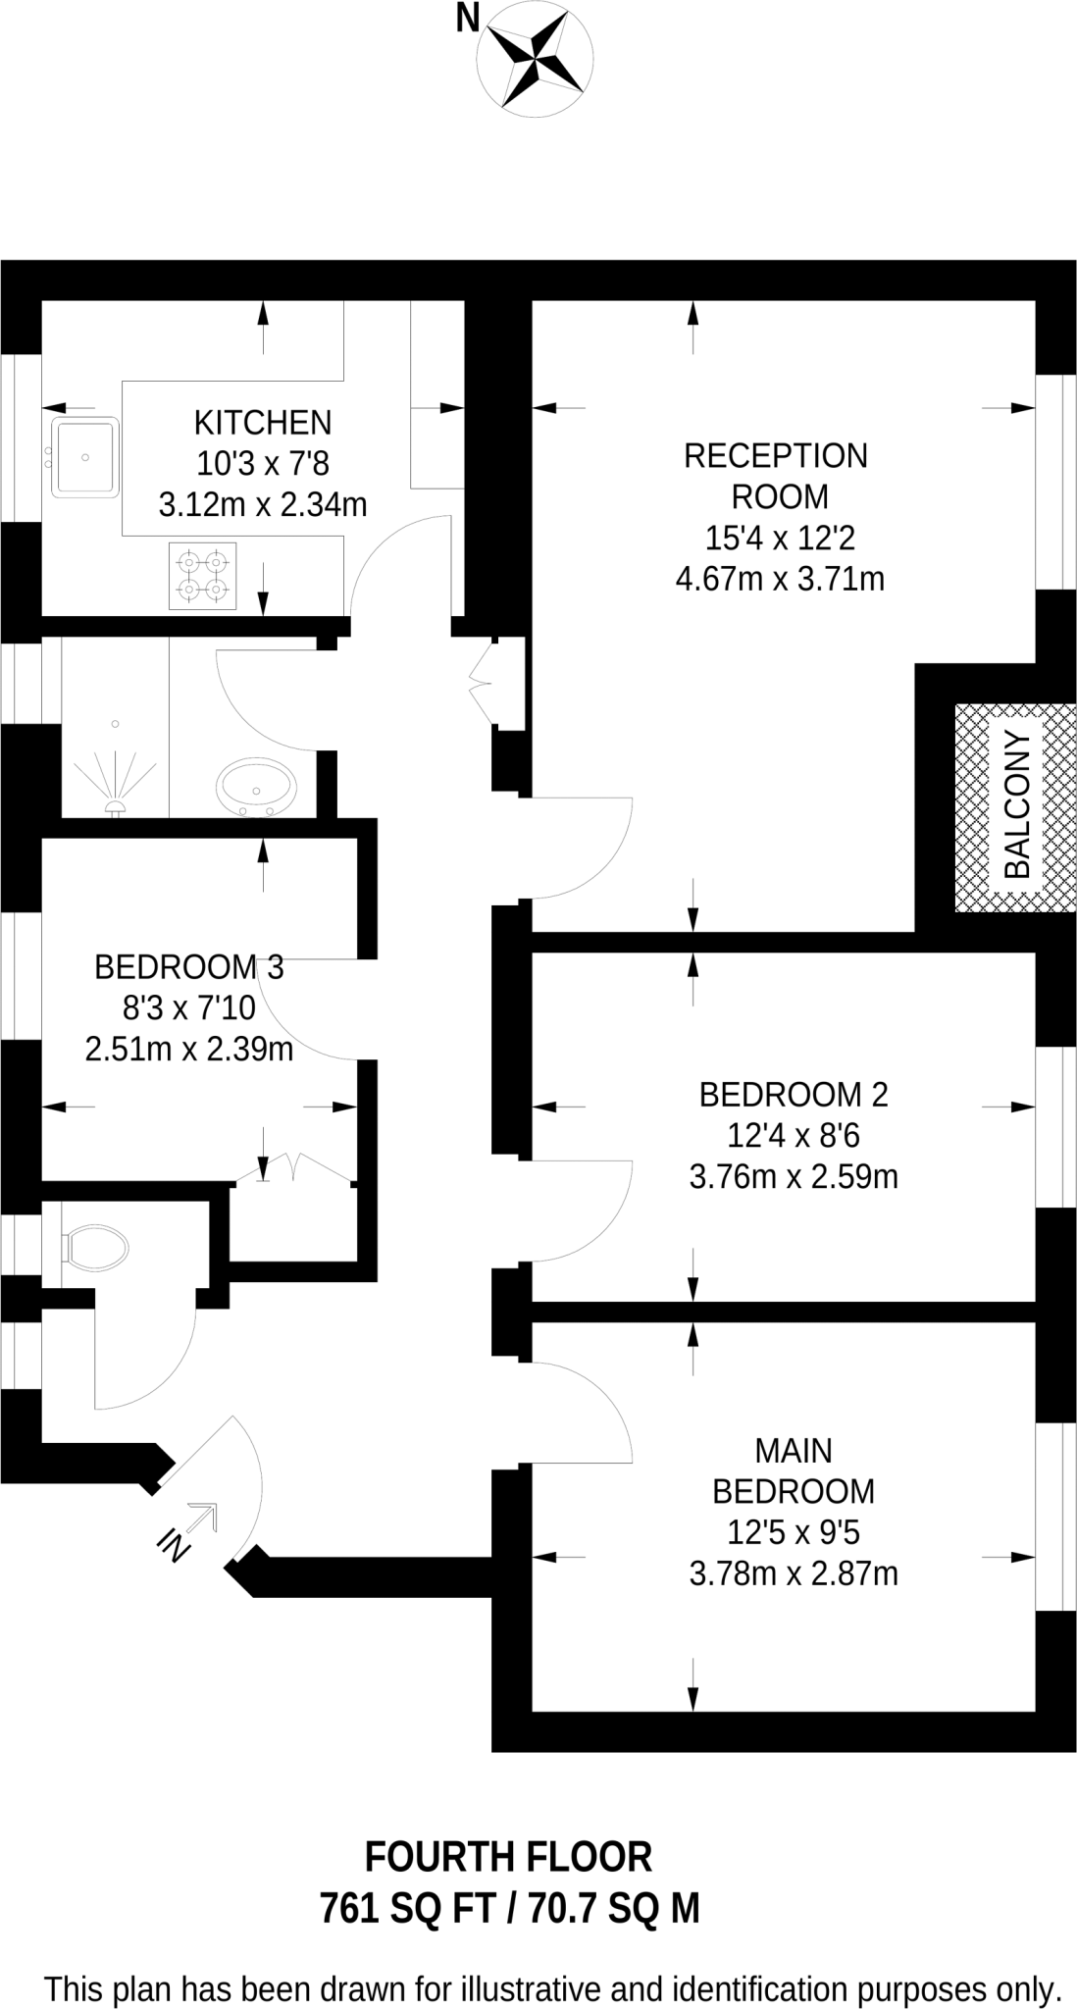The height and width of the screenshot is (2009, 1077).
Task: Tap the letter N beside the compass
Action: point(468,18)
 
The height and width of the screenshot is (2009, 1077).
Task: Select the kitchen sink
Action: point(85,456)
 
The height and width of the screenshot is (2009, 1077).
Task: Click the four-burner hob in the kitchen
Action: point(202,576)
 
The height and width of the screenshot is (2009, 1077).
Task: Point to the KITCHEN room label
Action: point(263,423)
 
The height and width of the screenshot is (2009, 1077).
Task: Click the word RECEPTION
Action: point(776,456)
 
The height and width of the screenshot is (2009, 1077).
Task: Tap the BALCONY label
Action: point(1017,805)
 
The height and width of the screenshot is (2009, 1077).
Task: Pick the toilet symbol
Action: point(95,1248)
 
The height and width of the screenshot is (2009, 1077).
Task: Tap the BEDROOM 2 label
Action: point(793,1094)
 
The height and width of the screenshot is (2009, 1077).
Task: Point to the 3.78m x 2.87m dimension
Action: point(793,1574)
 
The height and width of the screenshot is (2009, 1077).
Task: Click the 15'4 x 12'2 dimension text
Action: point(781,538)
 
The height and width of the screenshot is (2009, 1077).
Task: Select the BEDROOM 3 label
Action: point(188,967)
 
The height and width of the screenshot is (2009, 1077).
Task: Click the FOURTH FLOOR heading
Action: point(508,1857)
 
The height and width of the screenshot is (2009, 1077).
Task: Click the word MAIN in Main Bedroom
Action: point(794,1450)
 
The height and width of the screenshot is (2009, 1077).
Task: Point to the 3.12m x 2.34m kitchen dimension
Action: point(263,505)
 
